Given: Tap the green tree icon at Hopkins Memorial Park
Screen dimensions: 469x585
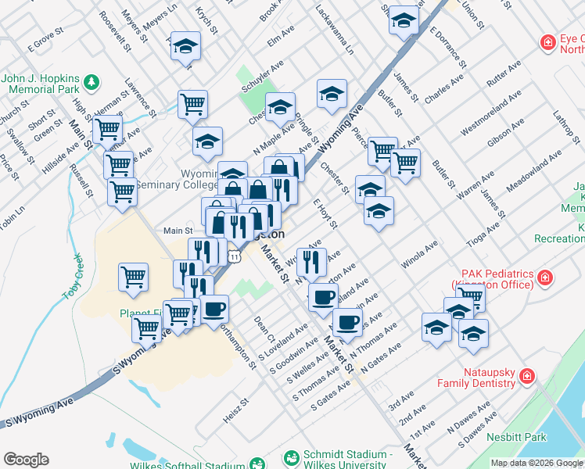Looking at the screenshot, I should (x=92, y=81).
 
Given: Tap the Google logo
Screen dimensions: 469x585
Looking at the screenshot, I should (x=26, y=460).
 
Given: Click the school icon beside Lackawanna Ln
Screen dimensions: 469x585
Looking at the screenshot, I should (x=332, y=95).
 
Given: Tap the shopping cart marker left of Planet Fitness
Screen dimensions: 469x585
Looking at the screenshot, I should (x=134, y=277).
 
